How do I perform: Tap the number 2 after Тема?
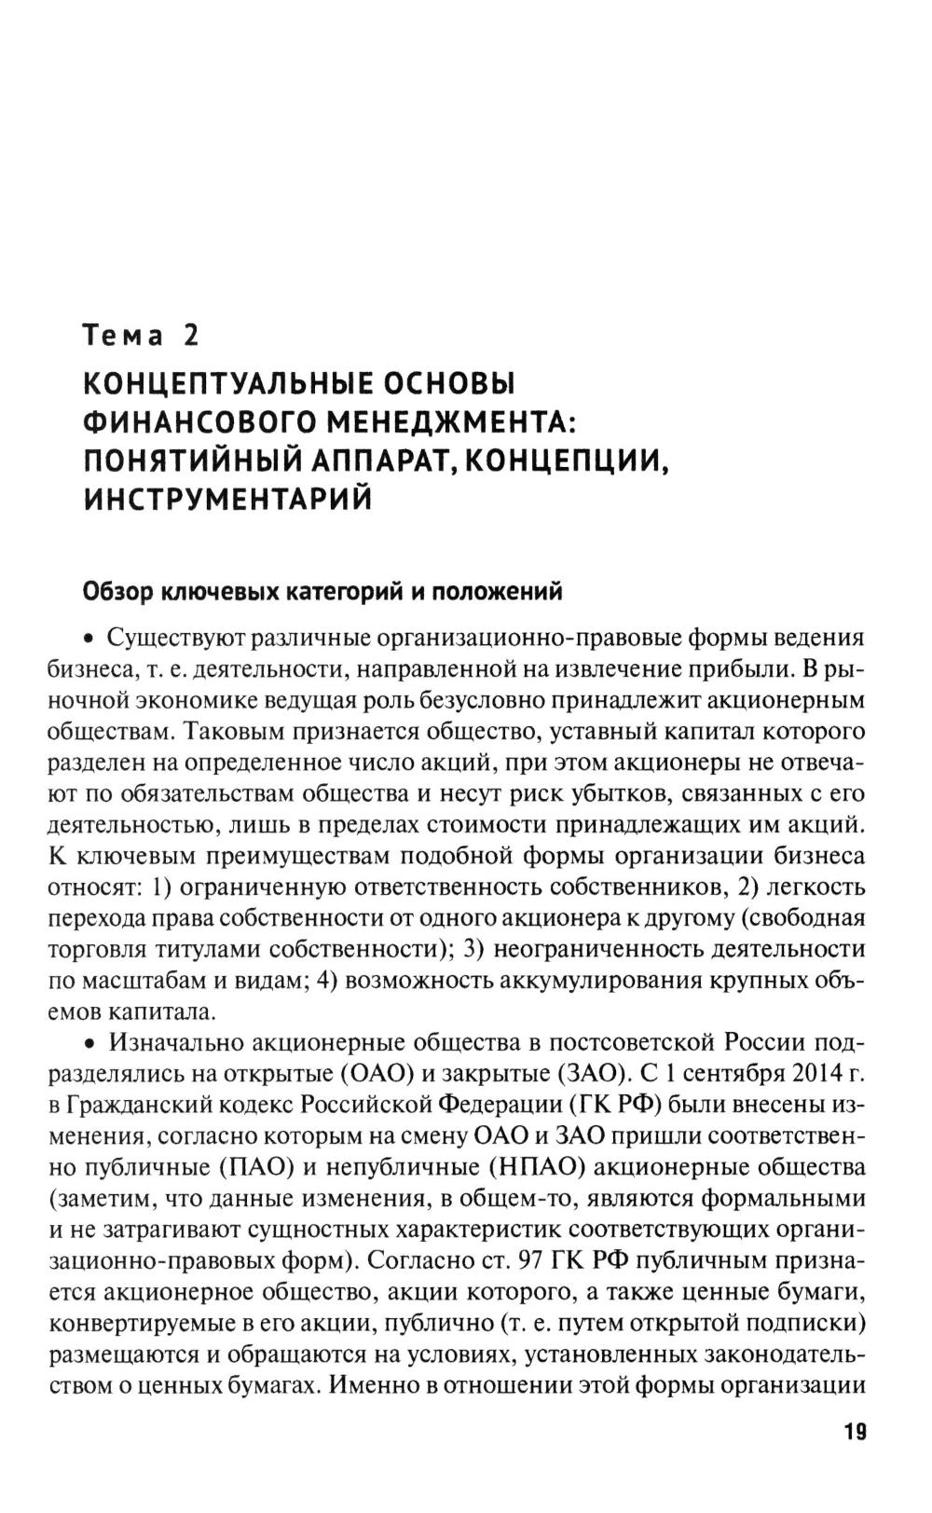coord(191,335)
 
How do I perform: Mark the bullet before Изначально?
coord(90,1044)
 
